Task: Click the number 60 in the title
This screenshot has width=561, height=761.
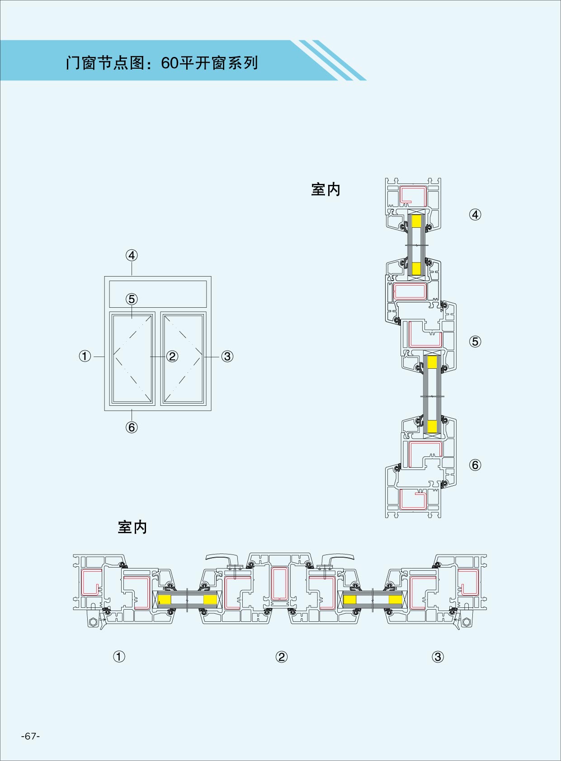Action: click(x=170, y=63)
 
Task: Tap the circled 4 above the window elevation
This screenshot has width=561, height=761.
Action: click(x=132, y=255)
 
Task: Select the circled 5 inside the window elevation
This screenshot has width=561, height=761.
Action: click(x=132, y=299)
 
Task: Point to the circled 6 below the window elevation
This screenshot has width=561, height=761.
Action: click(x=132, y=427)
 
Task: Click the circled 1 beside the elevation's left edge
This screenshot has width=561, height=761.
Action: click(x=85, y=357)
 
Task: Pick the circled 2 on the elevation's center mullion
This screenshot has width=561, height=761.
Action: click(x=172, y=357)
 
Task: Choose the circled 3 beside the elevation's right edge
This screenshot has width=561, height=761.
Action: click(x=227, y=357)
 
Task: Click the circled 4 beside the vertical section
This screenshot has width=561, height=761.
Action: click(x=475, y=215)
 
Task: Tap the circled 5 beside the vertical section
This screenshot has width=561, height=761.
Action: click(x=475, y=342)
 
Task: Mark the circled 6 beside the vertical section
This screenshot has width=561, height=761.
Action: click(x=475, y=465)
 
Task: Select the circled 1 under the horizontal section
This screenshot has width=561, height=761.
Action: click(x=119, y=657)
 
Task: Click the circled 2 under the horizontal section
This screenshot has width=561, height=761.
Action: click(x=281, y=657)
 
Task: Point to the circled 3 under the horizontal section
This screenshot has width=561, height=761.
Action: click(x=438, y=657)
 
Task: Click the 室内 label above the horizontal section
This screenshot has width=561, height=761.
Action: click(x=132, y=527)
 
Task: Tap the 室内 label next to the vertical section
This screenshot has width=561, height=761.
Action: click(x=325, y=189)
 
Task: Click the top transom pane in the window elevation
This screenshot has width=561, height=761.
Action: click(x=158, y=294)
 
